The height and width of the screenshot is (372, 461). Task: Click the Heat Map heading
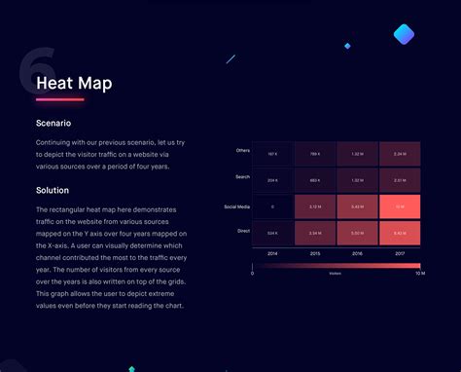(74, 83)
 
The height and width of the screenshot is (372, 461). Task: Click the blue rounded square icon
(404, 36)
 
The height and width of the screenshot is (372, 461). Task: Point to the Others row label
(242, 150)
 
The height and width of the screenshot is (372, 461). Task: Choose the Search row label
(242, 176)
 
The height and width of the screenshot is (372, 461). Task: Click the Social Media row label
(237, 206)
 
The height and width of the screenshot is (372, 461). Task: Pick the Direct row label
(243, 233)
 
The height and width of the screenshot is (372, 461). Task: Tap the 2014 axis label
(273, 253)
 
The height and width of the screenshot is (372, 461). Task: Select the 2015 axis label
(315, 253)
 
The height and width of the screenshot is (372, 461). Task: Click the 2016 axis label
(357, 253)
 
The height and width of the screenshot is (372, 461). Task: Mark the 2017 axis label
(400, 253)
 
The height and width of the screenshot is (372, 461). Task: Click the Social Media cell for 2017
(400, 206)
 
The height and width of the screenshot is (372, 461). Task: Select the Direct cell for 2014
(273, 233)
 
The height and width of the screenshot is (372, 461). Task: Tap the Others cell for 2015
(315, 154)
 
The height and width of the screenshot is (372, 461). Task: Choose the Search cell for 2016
(357, 180)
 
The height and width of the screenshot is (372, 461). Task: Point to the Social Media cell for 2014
(273, 206)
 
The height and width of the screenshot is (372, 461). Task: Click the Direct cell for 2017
(400, 233)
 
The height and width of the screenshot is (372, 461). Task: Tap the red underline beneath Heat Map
(59, 99)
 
